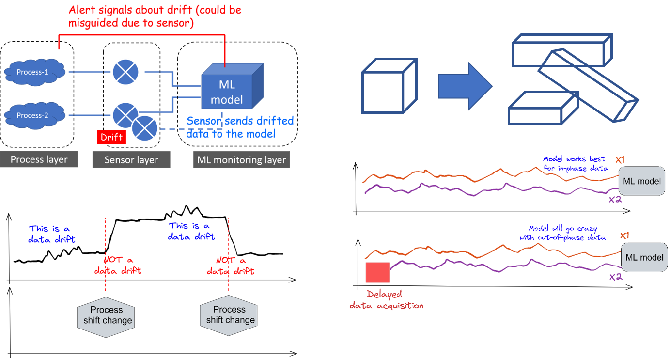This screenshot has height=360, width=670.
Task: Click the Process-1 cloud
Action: (x=34, y=72)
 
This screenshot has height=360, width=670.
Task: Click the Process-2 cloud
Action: (x=34, y=115)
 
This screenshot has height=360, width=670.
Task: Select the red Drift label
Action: (x=111, y=137)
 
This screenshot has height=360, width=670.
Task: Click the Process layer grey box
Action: (x=39, y=159)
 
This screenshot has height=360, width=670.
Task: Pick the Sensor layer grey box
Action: (x=131, y=160)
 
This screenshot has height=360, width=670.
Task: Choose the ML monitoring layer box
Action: (x=241, y=160)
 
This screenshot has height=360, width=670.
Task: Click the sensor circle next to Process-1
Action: (x=125, y=72)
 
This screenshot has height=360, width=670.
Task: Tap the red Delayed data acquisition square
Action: (x=377, y=272)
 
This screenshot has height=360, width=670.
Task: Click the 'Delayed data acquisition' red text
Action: (x=386, y=300)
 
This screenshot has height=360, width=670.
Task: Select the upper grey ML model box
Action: (x=642, y=181)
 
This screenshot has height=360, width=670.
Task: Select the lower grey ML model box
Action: (x=644, y=257)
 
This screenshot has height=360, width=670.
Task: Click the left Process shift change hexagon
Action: (x=107, y=315)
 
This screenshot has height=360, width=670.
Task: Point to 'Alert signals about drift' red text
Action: (x=155, y=16)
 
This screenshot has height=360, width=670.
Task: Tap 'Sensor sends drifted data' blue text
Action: (x=240, y=127)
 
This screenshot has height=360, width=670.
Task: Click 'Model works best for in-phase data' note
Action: (x=576, y=163)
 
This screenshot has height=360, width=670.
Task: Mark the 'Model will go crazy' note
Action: (x=562, y=233)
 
